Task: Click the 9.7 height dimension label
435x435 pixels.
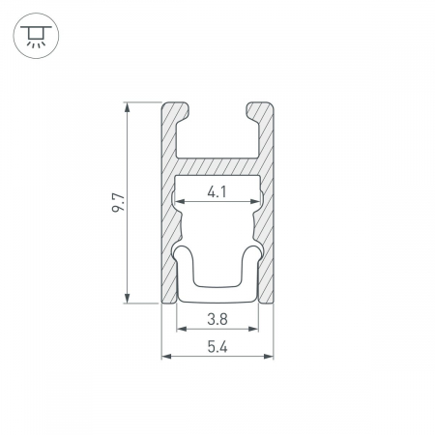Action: point(118,203)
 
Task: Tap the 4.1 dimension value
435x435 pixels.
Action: point(217,192)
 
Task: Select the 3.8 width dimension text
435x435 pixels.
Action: point(217,319)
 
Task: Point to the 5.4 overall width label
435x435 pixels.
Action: point(217,347)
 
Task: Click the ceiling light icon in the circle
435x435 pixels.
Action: point(36,36)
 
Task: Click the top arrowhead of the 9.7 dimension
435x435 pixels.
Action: point(128,107)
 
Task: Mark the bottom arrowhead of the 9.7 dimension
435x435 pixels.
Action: point(128,299)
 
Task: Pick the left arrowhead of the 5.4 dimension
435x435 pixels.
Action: point(166,356)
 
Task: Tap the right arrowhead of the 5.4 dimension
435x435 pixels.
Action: point(269,356)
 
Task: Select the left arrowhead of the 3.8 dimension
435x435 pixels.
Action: point(182,329)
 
